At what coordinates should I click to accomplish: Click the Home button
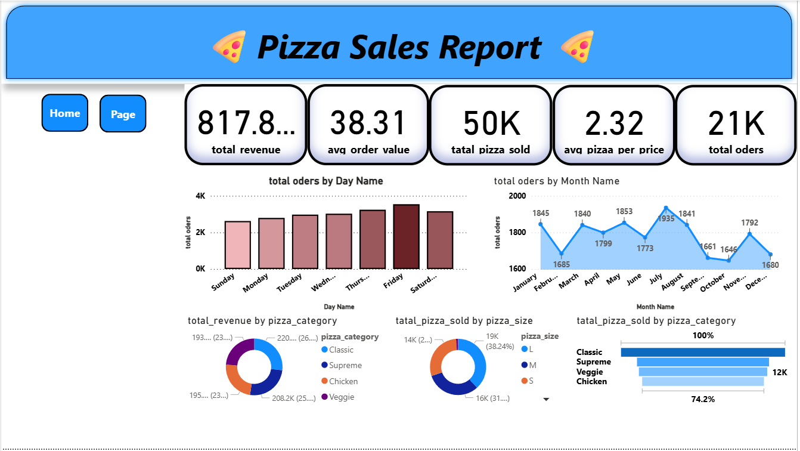[x=64, y=113]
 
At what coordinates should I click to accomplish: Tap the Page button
[x=123, y=114]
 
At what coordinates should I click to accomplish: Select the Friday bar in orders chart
[x=406, y=236]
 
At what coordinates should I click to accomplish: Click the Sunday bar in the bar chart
[x=237, y=245]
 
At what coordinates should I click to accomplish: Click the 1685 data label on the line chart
[x=561, y=264]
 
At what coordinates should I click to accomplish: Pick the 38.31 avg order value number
[x=368, y=123]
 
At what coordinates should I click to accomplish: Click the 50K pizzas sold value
[x=491, y=123]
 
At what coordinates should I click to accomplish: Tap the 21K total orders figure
[x=736, y=123]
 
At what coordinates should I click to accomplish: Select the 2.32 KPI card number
[x=614, y=123]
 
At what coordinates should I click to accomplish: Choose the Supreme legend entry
[x=345, y=365]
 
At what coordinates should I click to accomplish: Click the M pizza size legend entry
[x=532, y=365]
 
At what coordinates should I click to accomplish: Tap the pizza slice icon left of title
[x=230, y=47]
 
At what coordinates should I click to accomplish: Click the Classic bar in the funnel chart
[x=703, y=352]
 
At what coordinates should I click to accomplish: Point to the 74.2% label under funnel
[x=703, y=399]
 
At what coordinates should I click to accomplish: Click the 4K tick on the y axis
[x=200, y=196]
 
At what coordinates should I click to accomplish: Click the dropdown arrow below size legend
[x=546, y=400]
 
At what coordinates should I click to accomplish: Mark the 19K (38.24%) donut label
[x=499, y=341]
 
